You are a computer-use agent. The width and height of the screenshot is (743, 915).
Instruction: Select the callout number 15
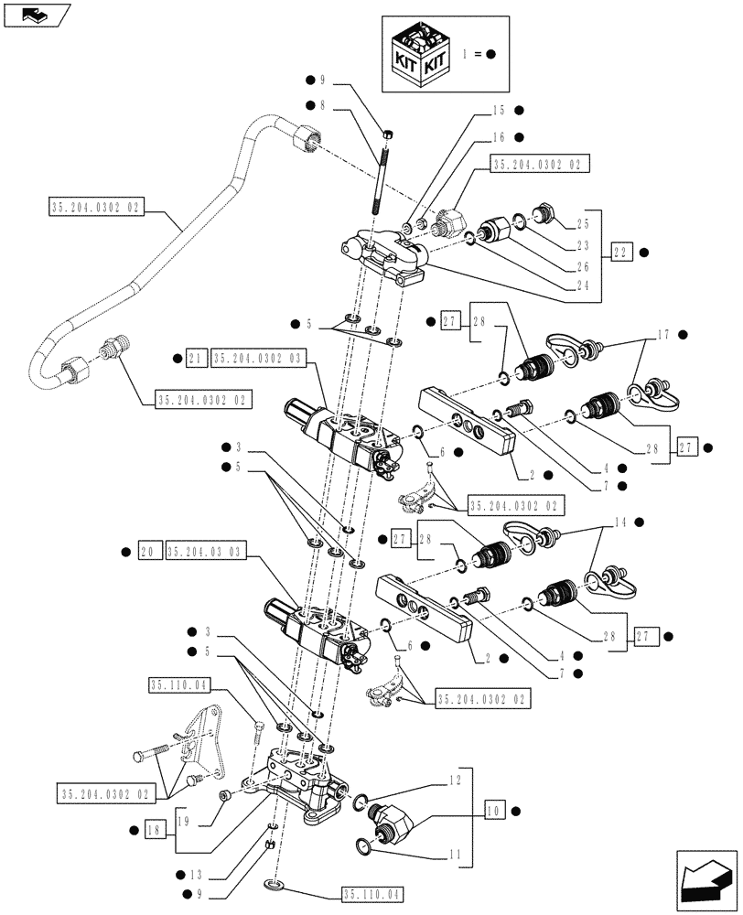(498, 111)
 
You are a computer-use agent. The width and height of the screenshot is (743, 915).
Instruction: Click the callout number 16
(498, 137)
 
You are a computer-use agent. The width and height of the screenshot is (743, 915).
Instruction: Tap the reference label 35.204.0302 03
(261, 358)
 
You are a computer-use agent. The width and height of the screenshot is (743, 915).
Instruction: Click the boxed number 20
(148, 552)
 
